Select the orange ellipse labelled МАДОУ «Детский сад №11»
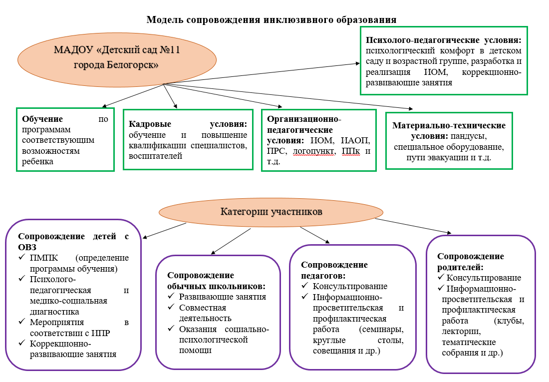click(x=117, y=58)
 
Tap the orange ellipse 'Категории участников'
click(x=271, y=212)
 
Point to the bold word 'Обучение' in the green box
click(x=42, y=119)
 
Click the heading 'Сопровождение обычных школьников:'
click(x=216, y=281)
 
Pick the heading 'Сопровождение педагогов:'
click(x=334, y=270)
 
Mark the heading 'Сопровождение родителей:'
click(x=471, y=261)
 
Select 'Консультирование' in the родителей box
click(x=484, y=278)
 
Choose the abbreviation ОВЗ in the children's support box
click(x=29, y=247)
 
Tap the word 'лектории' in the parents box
click(x=462, y=331)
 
